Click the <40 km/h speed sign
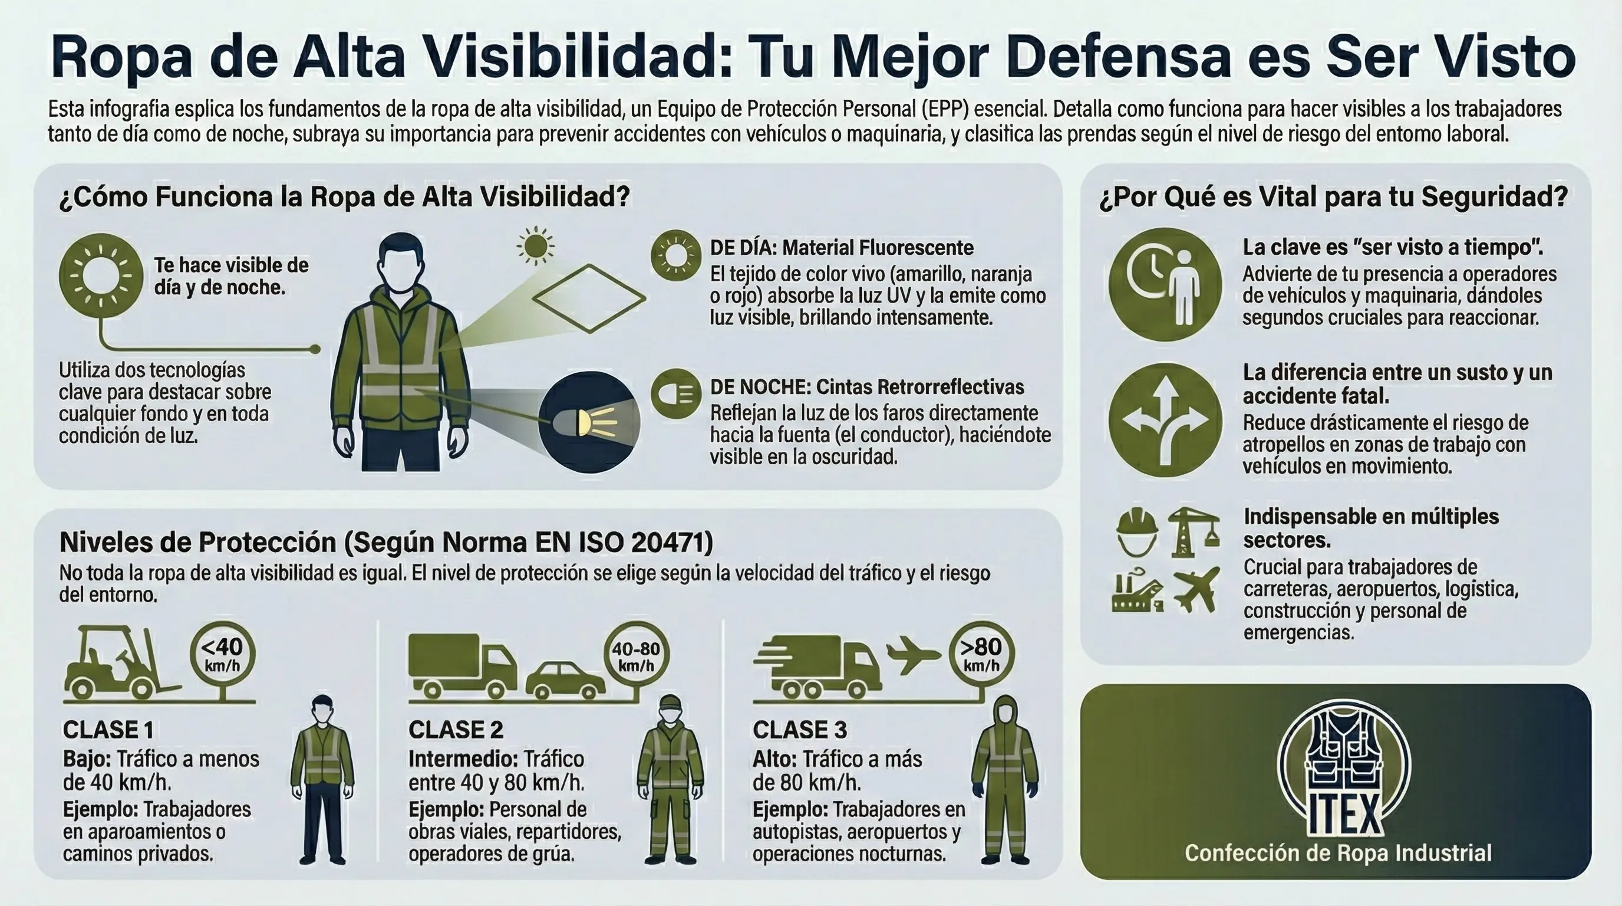(222, 654)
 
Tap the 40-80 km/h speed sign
(636, 655)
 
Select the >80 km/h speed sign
(981, 654)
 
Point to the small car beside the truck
(565, 681)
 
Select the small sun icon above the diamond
(536, 246)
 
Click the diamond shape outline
(589, 298)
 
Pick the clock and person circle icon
(1165, 284)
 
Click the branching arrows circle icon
(1165, 419)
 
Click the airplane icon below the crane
(1196, 590)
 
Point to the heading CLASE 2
(455, 730)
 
